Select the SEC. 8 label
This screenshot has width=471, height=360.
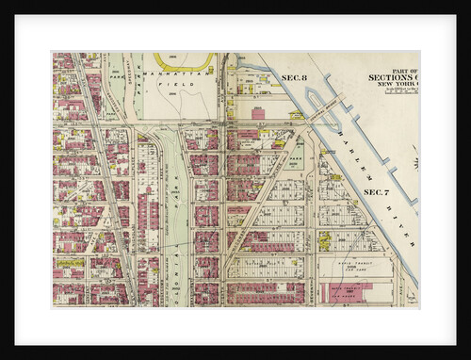click(296, 75)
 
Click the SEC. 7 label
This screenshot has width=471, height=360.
click(377, 192)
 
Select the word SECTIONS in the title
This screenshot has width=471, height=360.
click(391, 77)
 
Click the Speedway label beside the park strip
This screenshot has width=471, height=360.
click(137, 94)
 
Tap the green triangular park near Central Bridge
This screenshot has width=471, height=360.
click(294, 151)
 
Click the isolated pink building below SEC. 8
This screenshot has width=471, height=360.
click(259, 112)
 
